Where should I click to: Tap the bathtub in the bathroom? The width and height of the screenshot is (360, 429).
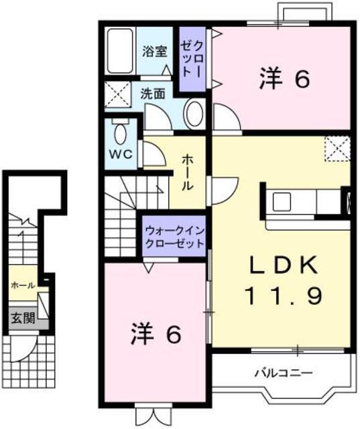[x=121, y=51]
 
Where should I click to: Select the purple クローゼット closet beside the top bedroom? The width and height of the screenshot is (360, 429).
[x=192, y=59]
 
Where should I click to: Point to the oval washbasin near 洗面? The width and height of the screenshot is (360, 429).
[x=194, y=114]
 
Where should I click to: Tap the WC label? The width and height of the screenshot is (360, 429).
[x=121, y=153]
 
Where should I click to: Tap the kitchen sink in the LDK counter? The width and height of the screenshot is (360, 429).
[x=282, y=200]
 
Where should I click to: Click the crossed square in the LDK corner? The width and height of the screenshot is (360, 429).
[x=337, y=149]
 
